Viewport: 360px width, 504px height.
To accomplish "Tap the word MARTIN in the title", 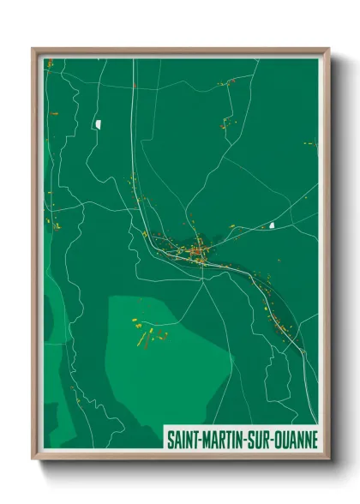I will tap(224, 439).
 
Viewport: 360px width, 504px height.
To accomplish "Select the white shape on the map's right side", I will tap(272, 225).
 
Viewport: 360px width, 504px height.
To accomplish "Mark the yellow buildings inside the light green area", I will tap(144, 332).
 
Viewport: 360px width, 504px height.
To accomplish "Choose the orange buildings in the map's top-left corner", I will tap(50, 63).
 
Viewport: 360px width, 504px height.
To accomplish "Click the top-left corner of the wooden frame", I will tap(33, 48).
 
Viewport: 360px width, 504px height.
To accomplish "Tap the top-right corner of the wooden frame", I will tap(328, 48).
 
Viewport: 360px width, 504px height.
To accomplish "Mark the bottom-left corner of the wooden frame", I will tap(33, 459).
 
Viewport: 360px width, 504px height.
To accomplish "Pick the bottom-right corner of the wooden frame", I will tap(328, 459).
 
